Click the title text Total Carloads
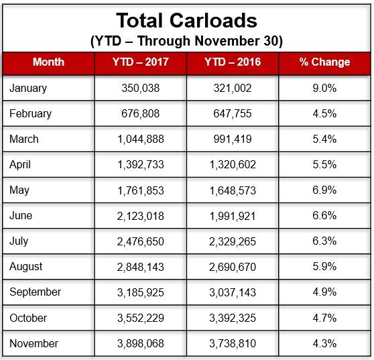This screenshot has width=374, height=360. tap(186, 21)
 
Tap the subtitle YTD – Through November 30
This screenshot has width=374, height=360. tap(186, 41)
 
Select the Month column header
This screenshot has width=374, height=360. tap(48, 62)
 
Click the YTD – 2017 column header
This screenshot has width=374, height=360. tap(141, 62)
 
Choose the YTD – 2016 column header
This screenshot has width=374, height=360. tap(233, 62)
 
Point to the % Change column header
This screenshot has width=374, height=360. tap(324, 62)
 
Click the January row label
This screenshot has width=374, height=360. tap(28, 88)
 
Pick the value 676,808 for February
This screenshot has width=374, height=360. tap(141, 113)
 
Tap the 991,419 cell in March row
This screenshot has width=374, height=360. tap(233, 139)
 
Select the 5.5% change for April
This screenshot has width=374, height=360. tap(324, 164)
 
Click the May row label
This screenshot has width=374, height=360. tap(19, 190)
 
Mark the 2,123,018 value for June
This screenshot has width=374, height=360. tap(141, 216)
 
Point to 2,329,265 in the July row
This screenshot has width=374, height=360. tap(233, 241)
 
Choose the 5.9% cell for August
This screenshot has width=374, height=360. tap(324, 267)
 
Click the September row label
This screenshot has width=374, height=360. tap(36, 292)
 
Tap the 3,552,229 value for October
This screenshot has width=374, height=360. tap(141, 318)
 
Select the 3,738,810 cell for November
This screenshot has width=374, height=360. tap(233, 343)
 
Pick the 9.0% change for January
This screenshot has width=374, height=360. tap(324, 88)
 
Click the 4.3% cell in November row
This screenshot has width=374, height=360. tap(324, 343)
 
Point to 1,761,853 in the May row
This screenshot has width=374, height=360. tap(141, 190)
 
